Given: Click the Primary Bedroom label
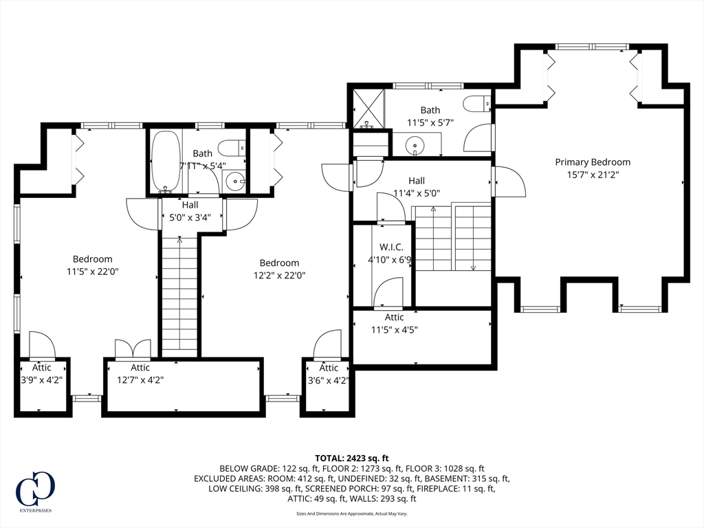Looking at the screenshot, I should tap(593, 162).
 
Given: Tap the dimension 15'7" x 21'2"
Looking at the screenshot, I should tap(593, 175).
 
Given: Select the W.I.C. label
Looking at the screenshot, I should tap(390, 247).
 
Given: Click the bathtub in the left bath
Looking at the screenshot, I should tap(165, 161).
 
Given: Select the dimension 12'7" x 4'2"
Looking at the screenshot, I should tap(140, 379).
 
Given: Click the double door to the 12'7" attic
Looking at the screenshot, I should tap(132, 349).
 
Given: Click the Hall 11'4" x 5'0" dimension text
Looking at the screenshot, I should tap(417, 193).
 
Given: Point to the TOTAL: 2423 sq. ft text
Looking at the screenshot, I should tap(352, 458).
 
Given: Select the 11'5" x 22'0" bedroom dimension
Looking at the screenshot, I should tap(93, 272).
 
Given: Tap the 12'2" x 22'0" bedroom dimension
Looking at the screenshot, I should tap(279, 275).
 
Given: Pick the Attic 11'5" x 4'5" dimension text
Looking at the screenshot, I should tap(395, 329).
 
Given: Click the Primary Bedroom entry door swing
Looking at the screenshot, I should tap(509, 182).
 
